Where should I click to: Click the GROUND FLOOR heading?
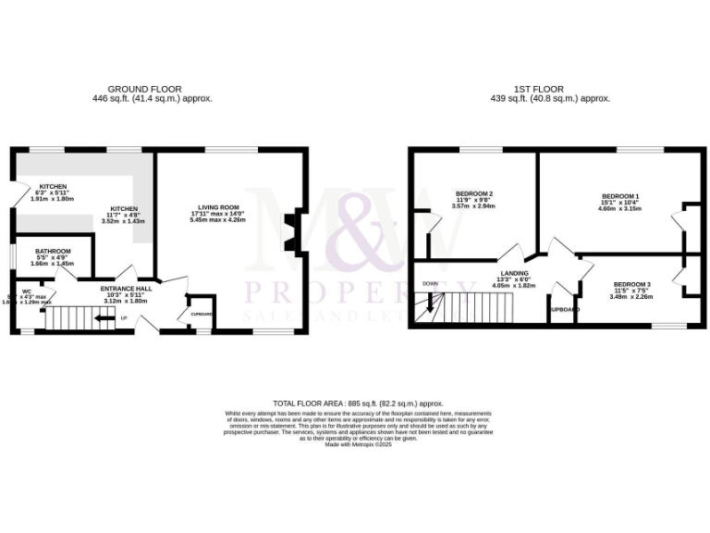152,89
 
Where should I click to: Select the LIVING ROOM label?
218,207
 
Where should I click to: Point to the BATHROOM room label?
54,251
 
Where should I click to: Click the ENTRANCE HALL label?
126,288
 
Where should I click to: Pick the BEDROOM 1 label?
620,196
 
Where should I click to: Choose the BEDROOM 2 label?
474,193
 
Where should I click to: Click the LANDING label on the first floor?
514,273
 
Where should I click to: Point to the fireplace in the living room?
290,232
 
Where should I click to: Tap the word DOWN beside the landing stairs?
430,283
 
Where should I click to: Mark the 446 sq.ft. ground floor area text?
152,98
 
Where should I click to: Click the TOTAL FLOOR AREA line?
357,403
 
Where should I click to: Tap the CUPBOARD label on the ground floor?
201,315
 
